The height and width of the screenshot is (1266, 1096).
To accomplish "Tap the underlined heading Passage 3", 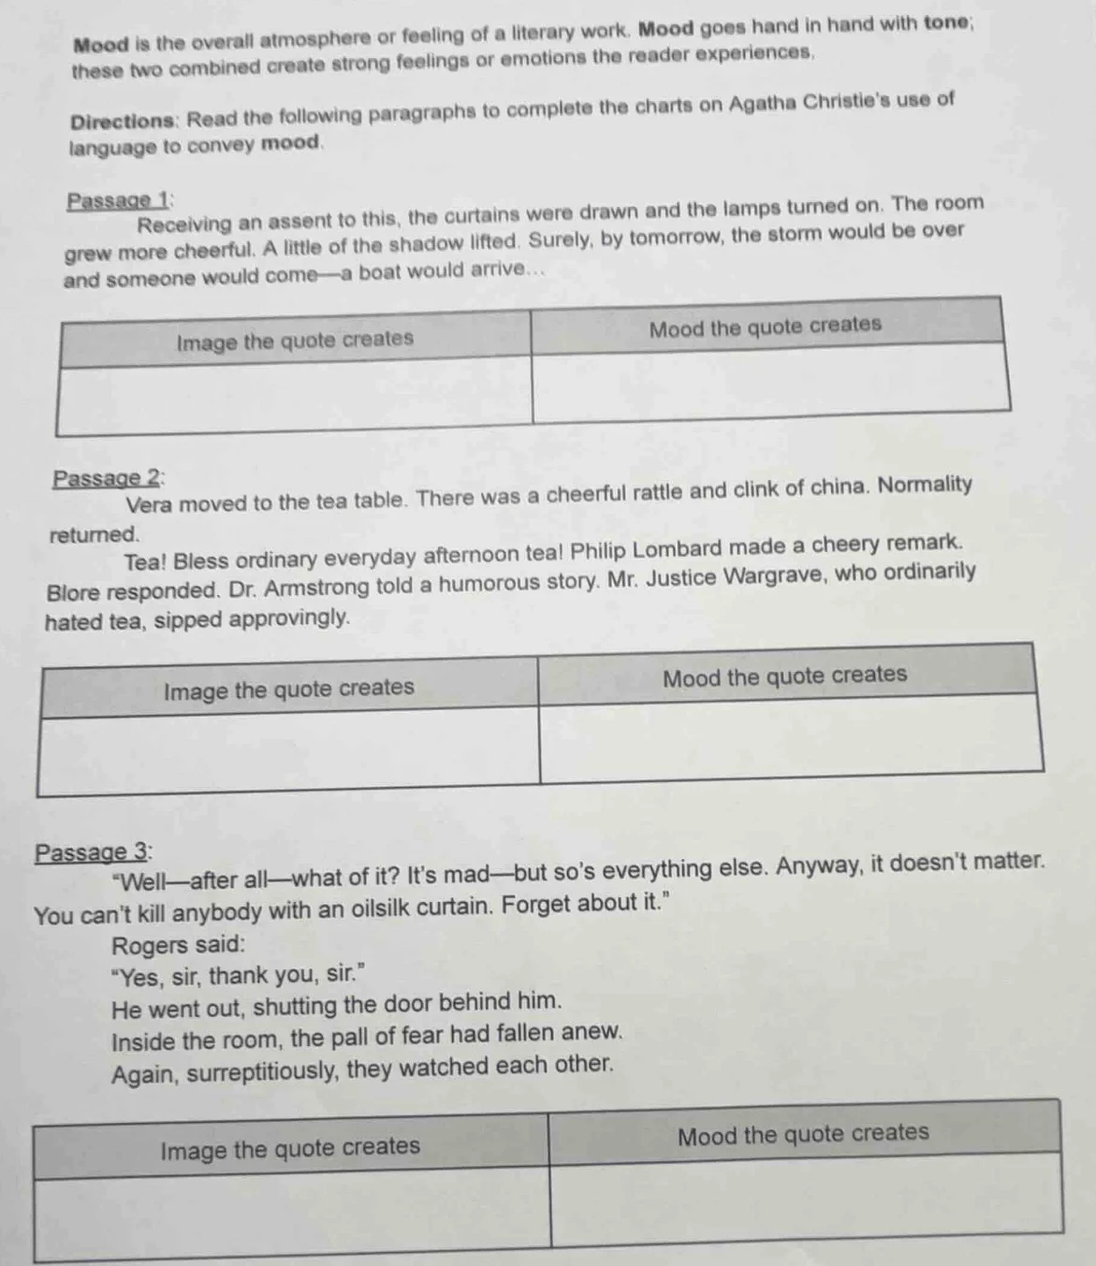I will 93,852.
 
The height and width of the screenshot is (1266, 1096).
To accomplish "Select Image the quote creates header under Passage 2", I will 288,689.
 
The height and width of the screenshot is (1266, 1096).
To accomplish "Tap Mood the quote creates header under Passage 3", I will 802,1134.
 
